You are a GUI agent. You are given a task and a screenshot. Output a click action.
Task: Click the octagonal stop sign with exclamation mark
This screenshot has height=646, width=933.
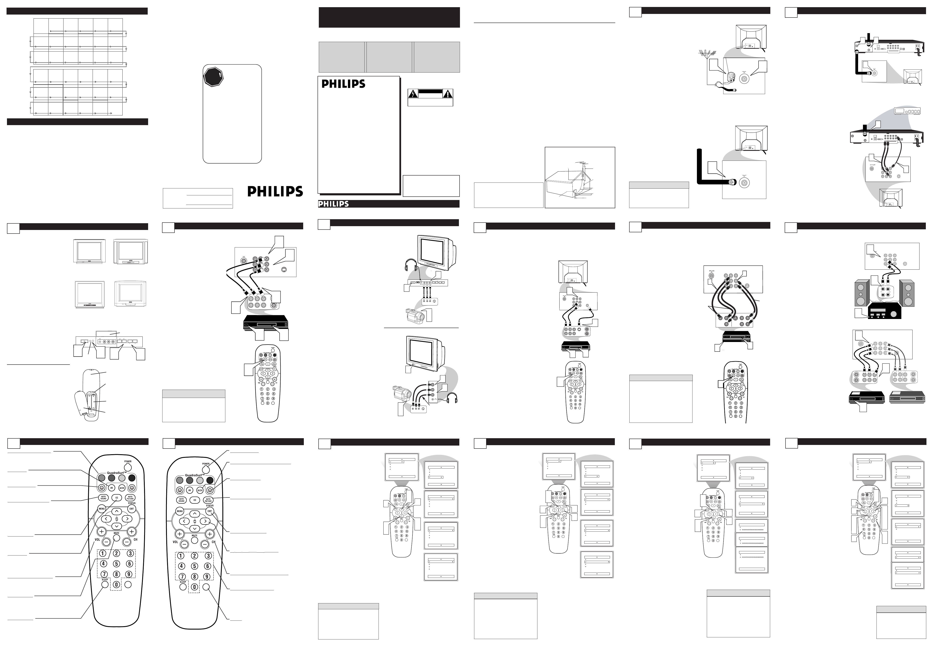coord(213,77)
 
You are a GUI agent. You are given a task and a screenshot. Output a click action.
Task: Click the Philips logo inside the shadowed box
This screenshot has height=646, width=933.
coord(343,84)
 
